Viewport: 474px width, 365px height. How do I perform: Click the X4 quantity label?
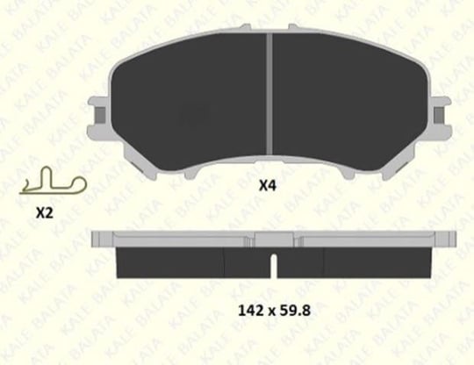pyautogui.click(x=268, y=185)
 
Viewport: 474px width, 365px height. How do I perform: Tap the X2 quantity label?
pyautogui.click(x=45, y=213)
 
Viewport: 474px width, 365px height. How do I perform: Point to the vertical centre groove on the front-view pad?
pyautogui.click(x=269, y=93)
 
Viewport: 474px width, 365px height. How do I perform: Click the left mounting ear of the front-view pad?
pyautogui.click(x=98, y=118)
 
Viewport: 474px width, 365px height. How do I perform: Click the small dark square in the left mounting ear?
pyautogui.click(x=100, y=115)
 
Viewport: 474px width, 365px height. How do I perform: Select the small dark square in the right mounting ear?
pyautogui.click(x=439, y=115)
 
